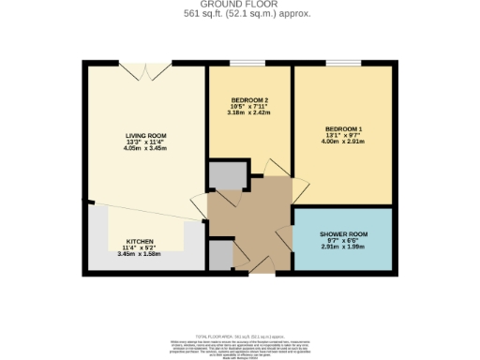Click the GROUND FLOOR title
[240, 5]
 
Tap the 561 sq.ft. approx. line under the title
[240, 14]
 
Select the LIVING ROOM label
[145, 136]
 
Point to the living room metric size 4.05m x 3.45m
[145, 149]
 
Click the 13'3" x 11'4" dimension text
[145, 142]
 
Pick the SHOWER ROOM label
[343, 234]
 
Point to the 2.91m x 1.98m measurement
[343, 247]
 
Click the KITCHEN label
[141, 241]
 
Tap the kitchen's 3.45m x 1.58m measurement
[141, 254]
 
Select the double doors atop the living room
[145, 65]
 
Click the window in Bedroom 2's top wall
[248, 63]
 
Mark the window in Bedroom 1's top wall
[343, 63]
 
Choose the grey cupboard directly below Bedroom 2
[225, 174]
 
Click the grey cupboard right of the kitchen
[219, 254]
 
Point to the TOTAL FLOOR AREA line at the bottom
[240, 336]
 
